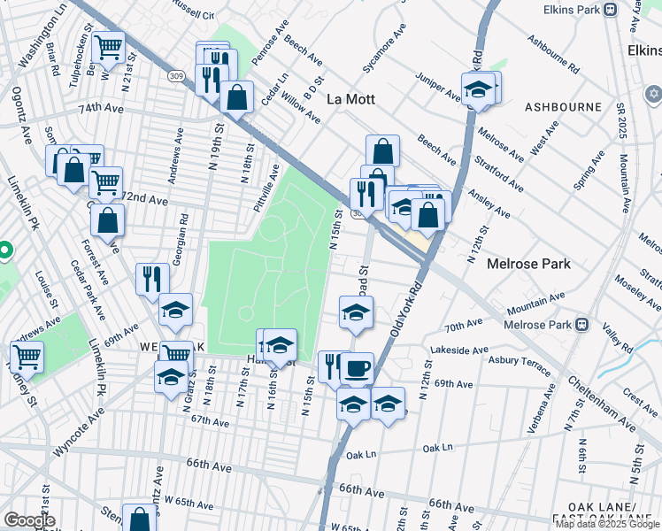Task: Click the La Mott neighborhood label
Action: (351, 98)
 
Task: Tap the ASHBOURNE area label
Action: (563, 106)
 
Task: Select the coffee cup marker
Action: (357, 368)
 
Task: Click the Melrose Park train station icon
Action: (582, 323)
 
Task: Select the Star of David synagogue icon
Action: (654, 93)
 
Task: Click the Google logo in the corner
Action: (28, 520)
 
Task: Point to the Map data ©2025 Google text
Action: (607, 524)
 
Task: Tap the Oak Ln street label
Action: (361, 455)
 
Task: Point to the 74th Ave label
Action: (100, 108)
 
